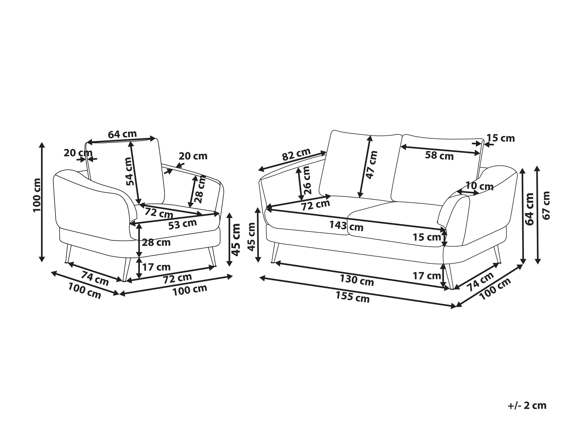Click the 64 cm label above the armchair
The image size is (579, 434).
[x=122, y=134]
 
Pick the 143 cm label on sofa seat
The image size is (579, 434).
[x=346, y=226]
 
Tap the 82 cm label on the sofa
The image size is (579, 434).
[x=296, y=154]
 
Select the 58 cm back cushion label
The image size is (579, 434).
[x=439, y=156]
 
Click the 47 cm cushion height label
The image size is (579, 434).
[x=372, y=165]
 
